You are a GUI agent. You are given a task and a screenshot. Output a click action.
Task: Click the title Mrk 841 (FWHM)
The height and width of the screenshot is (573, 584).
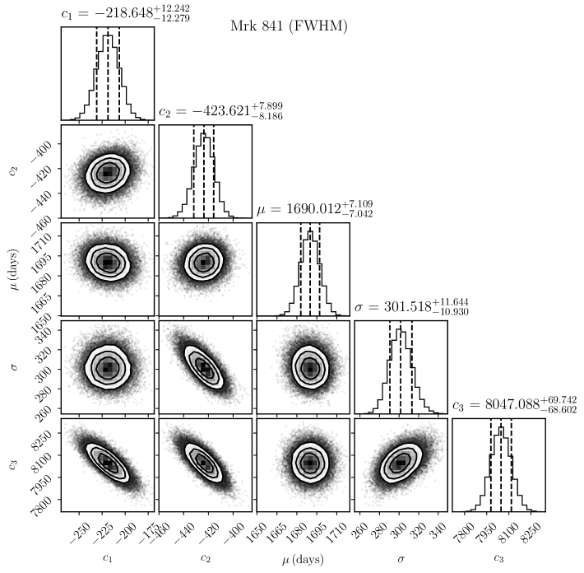[290, 26]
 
